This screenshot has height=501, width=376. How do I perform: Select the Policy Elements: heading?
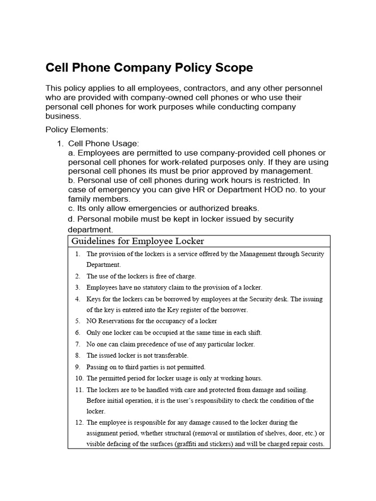tap(76, 130)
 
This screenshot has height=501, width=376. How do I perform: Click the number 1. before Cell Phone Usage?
tap(60, 143)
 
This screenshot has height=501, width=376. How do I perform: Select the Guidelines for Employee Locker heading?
tap(138, 241)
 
